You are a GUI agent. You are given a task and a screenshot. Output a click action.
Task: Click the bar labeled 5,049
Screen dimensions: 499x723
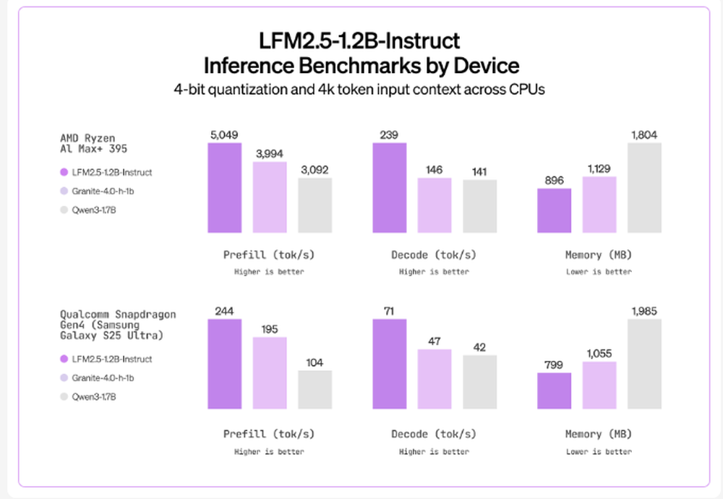(x=224, y=188)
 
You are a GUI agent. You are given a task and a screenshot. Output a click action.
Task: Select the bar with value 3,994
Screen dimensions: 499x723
(x=269, y=197)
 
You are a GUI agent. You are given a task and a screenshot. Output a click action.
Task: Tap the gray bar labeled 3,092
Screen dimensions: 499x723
(x=315, y=205)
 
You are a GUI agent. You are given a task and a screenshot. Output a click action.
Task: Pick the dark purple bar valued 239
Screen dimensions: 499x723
(x=390, y=188)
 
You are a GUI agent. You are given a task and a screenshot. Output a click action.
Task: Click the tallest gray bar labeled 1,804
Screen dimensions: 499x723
(x=644, y=188)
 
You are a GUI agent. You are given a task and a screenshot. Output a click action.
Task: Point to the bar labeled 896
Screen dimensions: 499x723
(x=555, y=210)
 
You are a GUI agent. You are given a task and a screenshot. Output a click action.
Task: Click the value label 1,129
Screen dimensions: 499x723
(x=599, y=169)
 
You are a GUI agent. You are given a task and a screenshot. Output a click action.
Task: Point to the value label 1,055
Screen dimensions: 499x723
(x=599, y=354)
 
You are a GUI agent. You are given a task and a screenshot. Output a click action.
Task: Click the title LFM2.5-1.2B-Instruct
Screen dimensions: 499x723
(x=361, y=40)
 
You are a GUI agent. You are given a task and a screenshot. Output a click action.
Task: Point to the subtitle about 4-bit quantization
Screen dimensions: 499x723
(x=361, y=90)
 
